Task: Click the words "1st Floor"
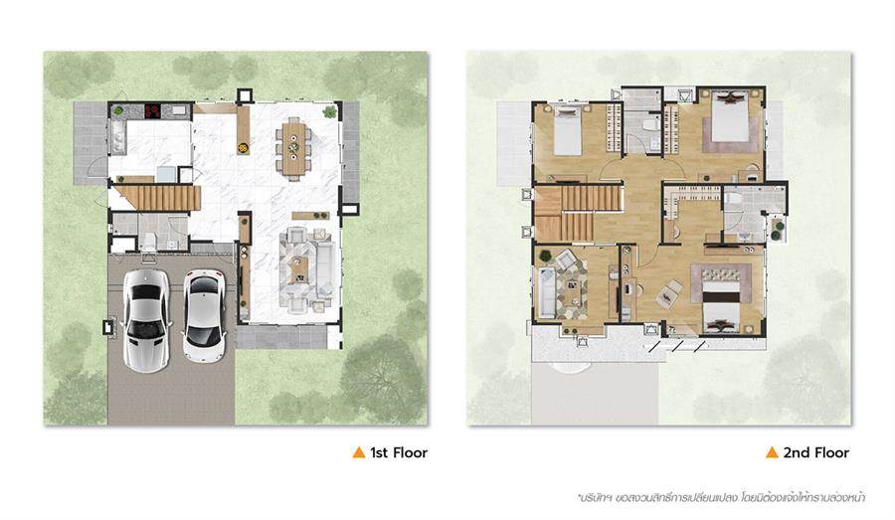(399, 453)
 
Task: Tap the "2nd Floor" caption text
(815, 453)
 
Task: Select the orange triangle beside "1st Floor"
(358, 452)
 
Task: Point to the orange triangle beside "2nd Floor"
(772, 452)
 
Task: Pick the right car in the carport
(204, 315)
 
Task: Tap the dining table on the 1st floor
(293, 146)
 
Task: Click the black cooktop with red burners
(152, 110)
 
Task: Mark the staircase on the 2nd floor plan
(578, 214)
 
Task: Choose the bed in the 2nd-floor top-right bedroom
(730, 118)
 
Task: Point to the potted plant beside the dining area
(329, 111)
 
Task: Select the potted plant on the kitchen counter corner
(118, 110)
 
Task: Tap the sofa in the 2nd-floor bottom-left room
(546, 291)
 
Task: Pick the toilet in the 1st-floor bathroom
(148, 242)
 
